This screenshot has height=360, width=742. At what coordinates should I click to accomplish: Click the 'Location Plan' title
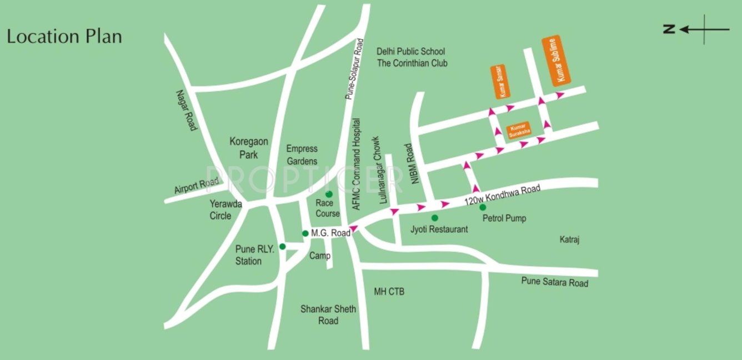pyautogui.click(x=64, y=37)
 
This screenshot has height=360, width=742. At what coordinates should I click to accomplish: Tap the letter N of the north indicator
pyautogui.click(x=670, y=29)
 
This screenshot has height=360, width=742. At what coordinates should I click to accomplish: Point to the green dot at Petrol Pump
pyautogui.click(x=482, y=207)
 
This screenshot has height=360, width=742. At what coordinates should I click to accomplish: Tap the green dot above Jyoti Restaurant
pyautogui.click(x=434, y=218)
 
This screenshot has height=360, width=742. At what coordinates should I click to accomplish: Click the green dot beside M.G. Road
pyautogui.click(x=305, y=233)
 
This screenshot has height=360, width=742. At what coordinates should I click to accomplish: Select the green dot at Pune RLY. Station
pyautogui.click(x=282, y=246)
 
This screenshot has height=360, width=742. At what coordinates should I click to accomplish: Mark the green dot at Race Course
pyautogui.click(x=329, y=194)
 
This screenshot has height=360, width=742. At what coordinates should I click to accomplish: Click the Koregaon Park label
pyautogui.click(x=244, y=148)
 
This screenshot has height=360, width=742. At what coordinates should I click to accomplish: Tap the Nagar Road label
pyautogui.click(x=186, y=110)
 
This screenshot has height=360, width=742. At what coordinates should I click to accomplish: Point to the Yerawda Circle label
pyautogui.click(x=225, y=209)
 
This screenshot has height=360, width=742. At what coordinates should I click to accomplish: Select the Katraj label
pyautogui.click(x=570, y=239)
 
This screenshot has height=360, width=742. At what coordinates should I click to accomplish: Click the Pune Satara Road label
pyautogui.click(x=554, y=282)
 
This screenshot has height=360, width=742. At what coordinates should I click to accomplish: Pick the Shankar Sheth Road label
pyautogui.click(x=328, y=314)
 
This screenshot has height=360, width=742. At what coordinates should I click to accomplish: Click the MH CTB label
pyautogui.click(x=389, y=291)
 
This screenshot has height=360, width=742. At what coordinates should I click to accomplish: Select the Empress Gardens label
pyautogui.click(x=302, y=155)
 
